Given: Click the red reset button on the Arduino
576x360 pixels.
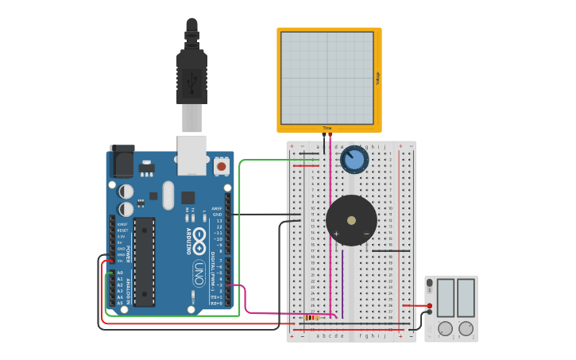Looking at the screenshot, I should (221, 166).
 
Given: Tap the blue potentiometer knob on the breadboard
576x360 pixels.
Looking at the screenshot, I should (354, 160).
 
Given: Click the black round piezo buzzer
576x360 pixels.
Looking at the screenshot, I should (351, 220).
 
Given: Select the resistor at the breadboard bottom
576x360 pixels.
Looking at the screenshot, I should (311, 317).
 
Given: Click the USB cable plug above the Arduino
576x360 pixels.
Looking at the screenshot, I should (191, 76).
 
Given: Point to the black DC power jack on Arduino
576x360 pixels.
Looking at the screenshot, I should (121, 162).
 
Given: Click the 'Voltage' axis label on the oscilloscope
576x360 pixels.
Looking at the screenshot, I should (378, 78).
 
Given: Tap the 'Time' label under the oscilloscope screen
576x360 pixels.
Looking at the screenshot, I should (327, 128).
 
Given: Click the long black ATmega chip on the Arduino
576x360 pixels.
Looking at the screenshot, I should (144, 261).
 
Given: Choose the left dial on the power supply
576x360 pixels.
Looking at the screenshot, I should (445, 327).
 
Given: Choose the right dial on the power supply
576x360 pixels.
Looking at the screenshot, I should (466, 327).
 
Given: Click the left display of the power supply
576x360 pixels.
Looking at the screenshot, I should (445, 297).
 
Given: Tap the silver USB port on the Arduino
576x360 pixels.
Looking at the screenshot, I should (191, 154).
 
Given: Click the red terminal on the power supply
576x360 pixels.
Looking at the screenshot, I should (430, 305).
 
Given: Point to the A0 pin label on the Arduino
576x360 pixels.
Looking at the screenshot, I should (120, 273).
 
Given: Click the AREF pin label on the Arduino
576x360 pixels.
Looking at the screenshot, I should (216, 208).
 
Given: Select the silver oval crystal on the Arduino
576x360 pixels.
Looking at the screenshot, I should (168, 195).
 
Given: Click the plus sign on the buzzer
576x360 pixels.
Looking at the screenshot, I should (336, 234).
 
